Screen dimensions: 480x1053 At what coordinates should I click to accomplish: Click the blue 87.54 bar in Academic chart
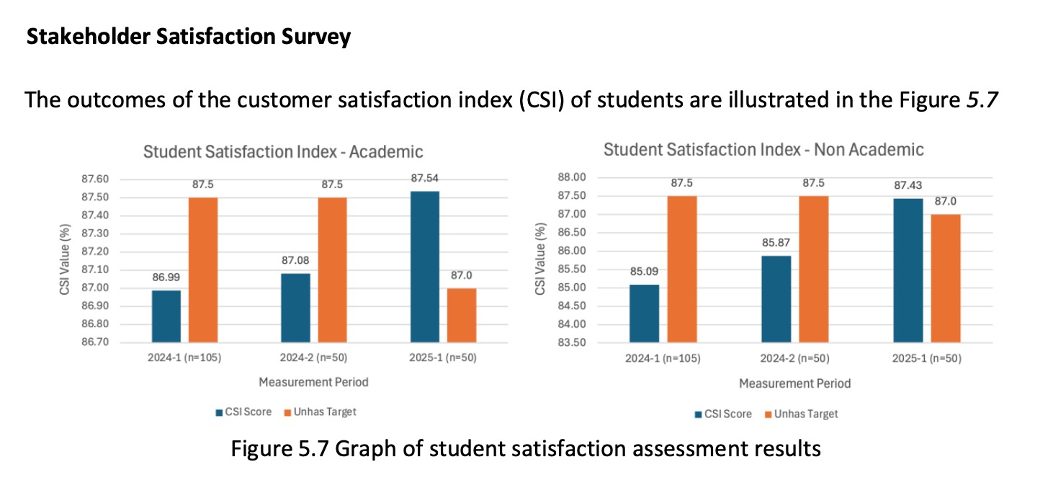pos(424,266)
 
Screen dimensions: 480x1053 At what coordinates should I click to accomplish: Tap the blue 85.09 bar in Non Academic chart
pos(644,313)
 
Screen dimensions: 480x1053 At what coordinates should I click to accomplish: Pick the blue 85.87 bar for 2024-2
pos(776,298)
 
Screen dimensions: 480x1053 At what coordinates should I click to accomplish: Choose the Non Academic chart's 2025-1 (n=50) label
pos(926,358)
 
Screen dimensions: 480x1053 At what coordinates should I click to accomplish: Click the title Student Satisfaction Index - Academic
pos(283,152)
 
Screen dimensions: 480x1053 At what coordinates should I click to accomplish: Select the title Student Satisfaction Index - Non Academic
pos(763,150)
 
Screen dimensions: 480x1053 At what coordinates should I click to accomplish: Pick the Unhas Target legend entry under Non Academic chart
pos(801,414)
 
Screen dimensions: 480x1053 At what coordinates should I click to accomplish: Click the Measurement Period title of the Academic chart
pos(313,382)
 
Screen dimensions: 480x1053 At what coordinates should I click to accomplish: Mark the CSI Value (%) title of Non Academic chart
pos(539,259)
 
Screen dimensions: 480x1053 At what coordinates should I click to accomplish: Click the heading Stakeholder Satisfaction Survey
pos(189,37)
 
